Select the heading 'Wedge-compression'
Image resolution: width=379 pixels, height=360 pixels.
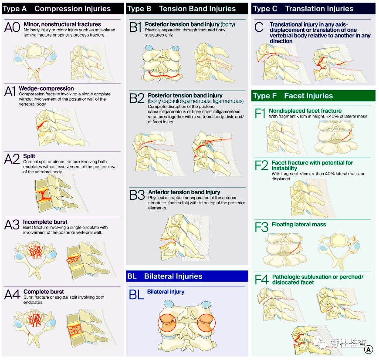pyautogui.click(x=46, y=88)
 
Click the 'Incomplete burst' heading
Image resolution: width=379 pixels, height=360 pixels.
pyautogui.click(x=45, y=222)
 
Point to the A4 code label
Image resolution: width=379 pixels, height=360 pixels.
pyautogui.click(x=12, y=295)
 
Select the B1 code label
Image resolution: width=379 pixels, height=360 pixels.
pyautogui.click(x=135, y=27)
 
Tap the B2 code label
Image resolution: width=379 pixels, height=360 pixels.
pyautogui.click(x=136, y=98)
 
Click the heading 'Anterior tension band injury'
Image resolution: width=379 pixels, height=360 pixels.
pyautogui.click(x=184, y=192)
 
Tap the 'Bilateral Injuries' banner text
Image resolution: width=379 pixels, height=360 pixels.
pyautogui.click(x=173, y=276)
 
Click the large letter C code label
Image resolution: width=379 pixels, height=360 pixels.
pyautogui.click(x=259, y=27)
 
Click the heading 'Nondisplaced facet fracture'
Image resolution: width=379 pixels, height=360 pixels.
pyautogui.click(x=305, y=111)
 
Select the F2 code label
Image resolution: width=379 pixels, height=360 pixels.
pyautogui.click(x=261, y=165)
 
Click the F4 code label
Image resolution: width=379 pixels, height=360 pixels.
pyautogui.click(x=261, y=279)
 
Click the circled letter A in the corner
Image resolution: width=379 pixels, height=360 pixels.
pyautogui.click(x=369, y=350)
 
